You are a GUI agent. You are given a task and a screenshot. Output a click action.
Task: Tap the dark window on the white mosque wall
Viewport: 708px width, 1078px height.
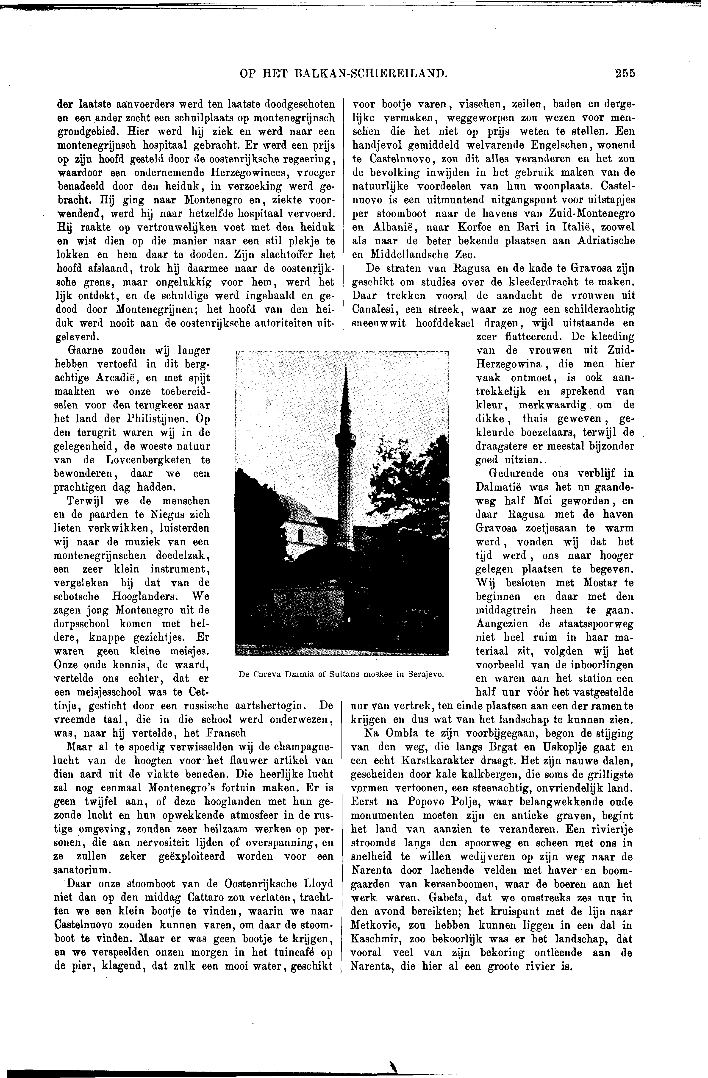point(300,535)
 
